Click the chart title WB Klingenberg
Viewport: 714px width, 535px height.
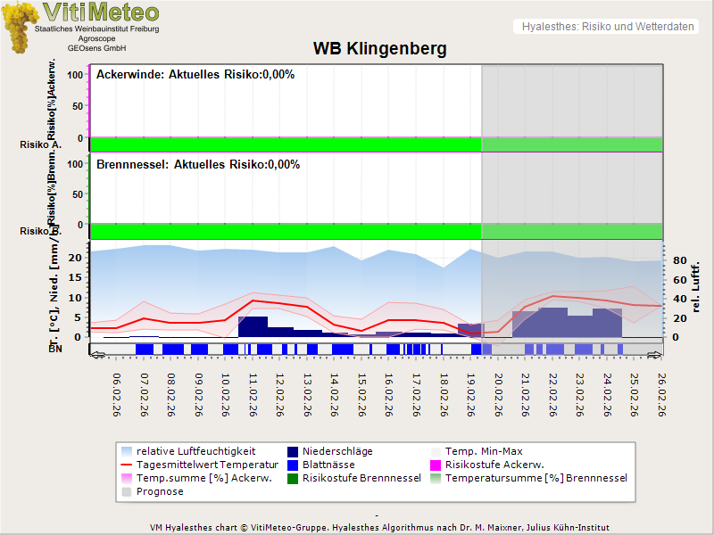pyautogui.click(x=379, y=47)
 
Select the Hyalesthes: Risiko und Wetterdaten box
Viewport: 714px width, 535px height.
pyautogui.click(x=606, y=27)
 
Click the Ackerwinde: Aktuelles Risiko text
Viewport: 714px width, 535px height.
pyautogui.click(x=195, y=75)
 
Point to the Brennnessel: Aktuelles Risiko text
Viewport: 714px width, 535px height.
pyautogui.click(x=198, y=165)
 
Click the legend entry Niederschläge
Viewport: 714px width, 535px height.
pyautogui.click(x=337, y=451)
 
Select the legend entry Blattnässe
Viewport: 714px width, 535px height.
pyautogui.click(x=328, y=465)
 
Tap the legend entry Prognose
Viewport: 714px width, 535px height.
pyautogui.click(x=160, y=491)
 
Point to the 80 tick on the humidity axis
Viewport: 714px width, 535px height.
pyautogui.click(x=678, y=261)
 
